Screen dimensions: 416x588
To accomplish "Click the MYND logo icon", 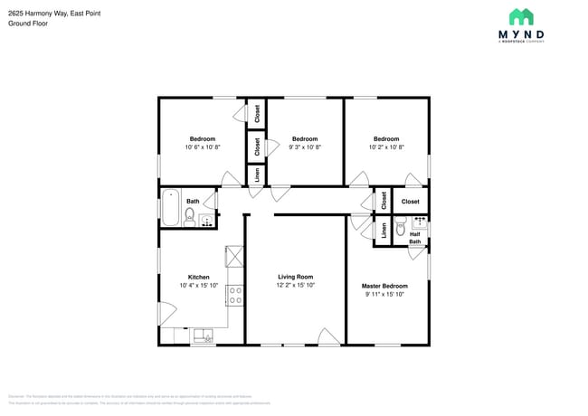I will point(521,16).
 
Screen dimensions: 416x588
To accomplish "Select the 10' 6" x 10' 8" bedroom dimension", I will point(202,147).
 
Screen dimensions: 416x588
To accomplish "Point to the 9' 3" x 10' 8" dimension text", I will point(304,147).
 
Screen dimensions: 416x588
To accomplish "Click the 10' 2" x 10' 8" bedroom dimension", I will point(386,147).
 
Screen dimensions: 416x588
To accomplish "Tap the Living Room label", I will point(296,277).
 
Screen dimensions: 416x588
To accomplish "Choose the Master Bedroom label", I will point(385,286).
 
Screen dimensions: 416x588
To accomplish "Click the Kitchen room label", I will point(199,277).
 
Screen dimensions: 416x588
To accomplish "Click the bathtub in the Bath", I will point(171,208).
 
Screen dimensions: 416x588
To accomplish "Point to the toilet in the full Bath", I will point(190,215).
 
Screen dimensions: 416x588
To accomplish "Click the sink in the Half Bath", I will point(419,220).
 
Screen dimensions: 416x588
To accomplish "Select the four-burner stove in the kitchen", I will point(234,294).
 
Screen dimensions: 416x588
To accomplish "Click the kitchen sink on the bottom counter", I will point(202,336).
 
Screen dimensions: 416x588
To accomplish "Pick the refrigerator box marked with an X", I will point(234,257).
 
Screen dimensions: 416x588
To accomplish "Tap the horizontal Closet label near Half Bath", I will point(411,202).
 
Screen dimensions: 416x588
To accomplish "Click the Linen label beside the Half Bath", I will point(384,231).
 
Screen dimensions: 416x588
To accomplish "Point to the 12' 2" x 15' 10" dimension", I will point(296,285).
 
